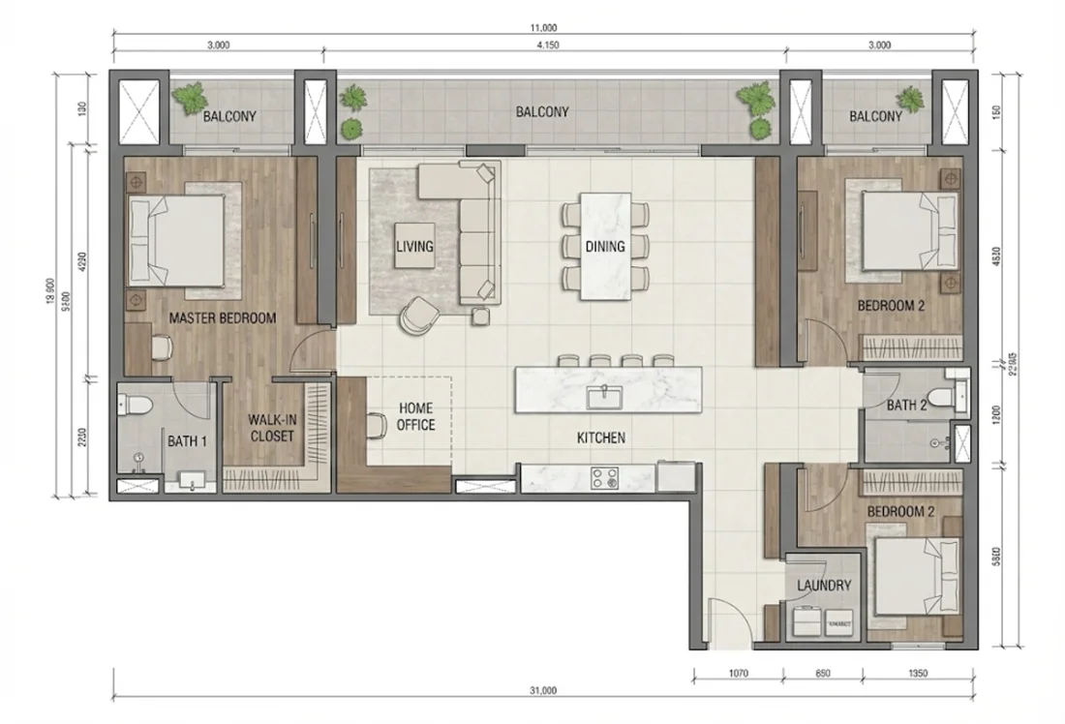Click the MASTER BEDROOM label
coord(222,317)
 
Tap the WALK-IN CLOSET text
coord(271,428)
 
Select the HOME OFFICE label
coord(415,417)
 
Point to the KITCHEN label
coord(601,438)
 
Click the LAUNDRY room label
coord(823,586)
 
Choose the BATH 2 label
coord(907,406)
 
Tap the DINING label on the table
coord(604,247)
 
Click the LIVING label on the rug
coord(413,247)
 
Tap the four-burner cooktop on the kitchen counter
coord(607,477)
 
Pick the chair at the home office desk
coord(377,424)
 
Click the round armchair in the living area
coord(419,314)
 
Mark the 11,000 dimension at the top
coord(543,30)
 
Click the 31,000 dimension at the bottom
coord(543,691)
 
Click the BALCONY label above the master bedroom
coord(229,117)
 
